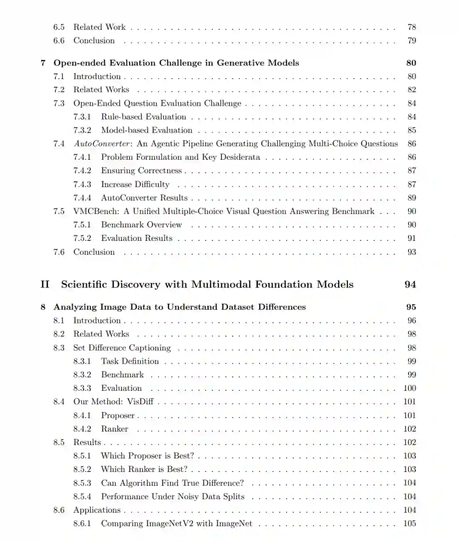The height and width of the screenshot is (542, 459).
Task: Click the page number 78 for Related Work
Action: point(411,27)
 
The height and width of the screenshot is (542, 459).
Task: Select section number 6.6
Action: point(59,41)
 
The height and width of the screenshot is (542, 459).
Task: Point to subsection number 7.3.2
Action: point(82,130)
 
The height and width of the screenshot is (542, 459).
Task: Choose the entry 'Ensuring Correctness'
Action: point(141,171)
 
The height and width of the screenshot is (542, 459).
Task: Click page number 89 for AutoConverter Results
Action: point(411,198)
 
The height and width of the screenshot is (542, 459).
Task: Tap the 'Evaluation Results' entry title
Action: point(136,238)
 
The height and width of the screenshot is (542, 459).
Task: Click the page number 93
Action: point(411,252)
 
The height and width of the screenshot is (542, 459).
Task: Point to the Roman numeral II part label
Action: point(45,285)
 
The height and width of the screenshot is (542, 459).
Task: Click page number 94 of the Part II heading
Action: point(410,285)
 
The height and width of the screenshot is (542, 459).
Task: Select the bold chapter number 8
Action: point(43,307)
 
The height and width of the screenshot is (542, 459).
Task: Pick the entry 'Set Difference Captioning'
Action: point(122,348)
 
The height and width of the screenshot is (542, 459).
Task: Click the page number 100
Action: point(410,388)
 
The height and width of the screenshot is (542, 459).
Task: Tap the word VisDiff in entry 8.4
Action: point(140,402)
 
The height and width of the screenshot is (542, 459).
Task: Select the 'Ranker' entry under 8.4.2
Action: point(114,429)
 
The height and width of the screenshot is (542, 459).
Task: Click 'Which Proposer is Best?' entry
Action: point(147,456)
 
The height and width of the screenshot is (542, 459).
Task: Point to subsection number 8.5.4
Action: point(82,497)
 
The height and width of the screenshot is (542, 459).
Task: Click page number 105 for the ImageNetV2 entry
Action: point(410,524)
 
